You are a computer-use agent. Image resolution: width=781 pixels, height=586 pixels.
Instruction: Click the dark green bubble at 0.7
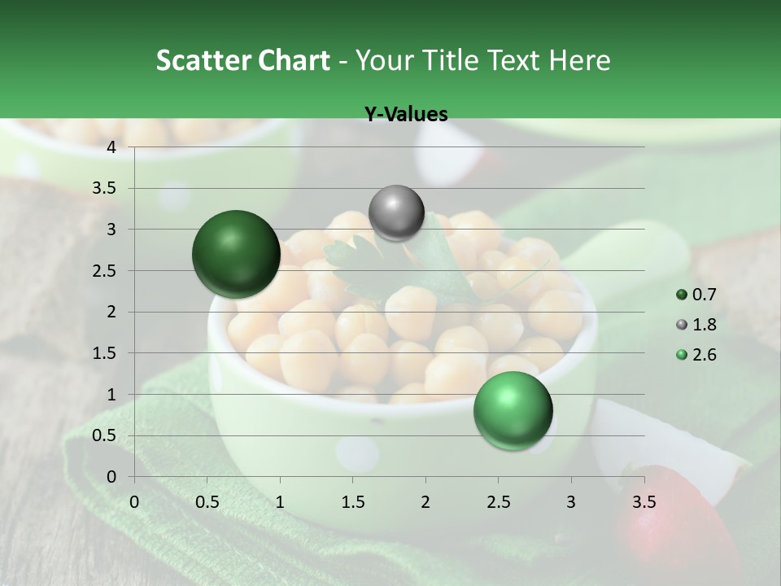(x=236, y=254)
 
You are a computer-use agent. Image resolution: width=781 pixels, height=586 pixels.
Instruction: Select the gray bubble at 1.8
(x=396, y=212)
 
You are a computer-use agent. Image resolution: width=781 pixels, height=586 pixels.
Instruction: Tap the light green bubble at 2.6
(x=513, y=410)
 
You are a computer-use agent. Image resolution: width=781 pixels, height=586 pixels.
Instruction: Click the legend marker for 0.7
(x=682, y=295)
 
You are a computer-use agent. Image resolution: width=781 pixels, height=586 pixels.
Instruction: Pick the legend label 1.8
(x=705, y=325)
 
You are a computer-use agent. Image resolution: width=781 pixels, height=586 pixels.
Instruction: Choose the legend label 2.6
(x=705, y=355)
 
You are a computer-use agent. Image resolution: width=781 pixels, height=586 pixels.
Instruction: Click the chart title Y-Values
(x=405, y=115)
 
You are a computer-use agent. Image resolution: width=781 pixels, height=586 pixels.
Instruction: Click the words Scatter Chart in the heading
(x=242, y=60)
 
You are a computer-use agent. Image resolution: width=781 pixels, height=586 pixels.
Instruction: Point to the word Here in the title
(x=579, y=60)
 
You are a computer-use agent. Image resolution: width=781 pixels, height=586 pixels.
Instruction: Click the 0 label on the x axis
(x=134, y=501)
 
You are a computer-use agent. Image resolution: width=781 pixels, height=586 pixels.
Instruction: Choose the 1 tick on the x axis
(x=280, y=501)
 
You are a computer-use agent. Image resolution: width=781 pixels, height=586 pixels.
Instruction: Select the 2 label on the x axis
(x=425, y=501)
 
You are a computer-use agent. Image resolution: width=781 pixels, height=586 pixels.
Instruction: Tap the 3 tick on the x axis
(x=571, y=501)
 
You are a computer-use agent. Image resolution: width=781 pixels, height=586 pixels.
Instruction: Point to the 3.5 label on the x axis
(x=644, y=501)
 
